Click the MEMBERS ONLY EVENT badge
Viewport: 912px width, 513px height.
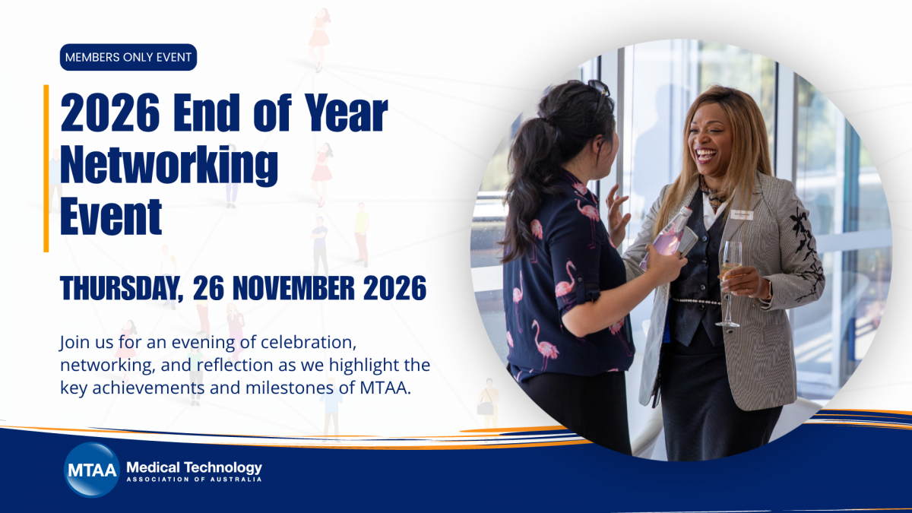coord(128,57)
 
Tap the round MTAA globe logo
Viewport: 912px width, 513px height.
coord(92,470)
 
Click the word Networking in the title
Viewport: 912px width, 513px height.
coord(169,166)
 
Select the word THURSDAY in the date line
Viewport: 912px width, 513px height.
coord(122,288)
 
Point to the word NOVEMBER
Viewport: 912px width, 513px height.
coord(293,288)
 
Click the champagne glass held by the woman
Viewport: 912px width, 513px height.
coord(729,283)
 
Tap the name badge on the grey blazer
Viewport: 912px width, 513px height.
coord(742,215)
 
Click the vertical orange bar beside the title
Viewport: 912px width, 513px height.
coord(46,169)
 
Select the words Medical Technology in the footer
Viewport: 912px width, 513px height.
coord(195,467)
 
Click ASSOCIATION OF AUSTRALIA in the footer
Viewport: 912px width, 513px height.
coord(195,480)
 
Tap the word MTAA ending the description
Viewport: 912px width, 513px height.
coord(385,388)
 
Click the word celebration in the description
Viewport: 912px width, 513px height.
coord(309,343)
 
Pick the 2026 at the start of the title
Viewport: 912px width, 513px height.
coord(110,112)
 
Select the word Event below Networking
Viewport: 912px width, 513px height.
coord(111,217)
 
